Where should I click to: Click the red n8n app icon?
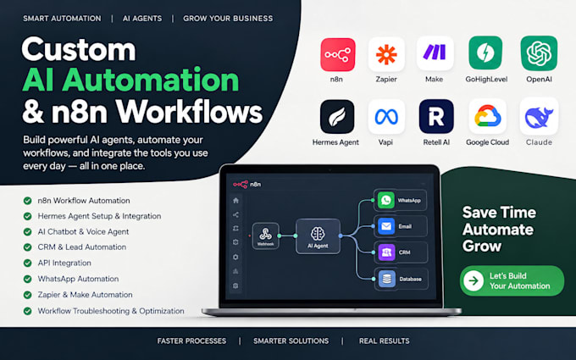338,54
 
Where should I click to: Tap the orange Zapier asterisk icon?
386,54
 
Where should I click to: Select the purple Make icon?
435,53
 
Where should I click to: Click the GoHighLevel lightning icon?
485,53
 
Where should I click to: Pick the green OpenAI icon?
539,53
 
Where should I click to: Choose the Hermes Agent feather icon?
337,116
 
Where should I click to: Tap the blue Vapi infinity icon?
386,117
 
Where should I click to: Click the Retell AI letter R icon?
436,116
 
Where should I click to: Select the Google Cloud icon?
487,116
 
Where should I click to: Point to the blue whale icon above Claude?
539,117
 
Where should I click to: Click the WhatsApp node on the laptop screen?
400,200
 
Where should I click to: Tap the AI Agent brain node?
318,236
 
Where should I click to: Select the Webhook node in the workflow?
266,235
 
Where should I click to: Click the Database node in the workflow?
401,279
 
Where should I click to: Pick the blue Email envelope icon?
386,226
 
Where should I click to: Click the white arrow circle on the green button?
474,281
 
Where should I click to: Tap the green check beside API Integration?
28,263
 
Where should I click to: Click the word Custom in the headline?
79,49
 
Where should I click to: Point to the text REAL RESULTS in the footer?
384,341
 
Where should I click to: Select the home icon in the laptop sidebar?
235,201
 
